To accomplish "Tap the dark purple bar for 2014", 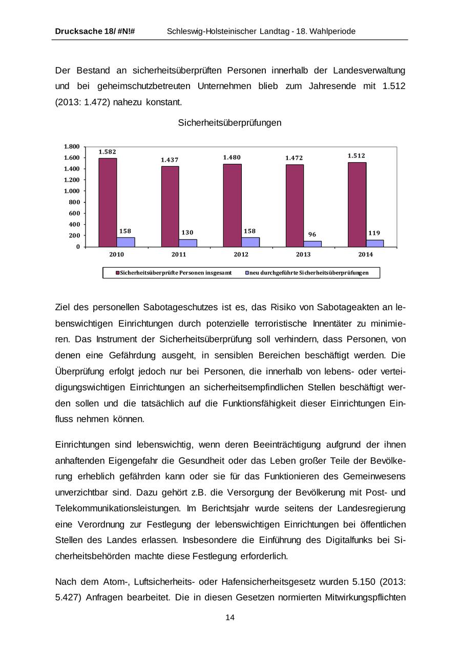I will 357,204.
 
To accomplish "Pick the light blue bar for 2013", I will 312,244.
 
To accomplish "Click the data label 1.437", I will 170,160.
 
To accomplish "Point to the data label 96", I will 312,235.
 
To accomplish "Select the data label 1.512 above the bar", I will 357,156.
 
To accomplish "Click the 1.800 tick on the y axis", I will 72,147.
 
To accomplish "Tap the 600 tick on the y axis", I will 75,213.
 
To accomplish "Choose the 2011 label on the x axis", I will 179,254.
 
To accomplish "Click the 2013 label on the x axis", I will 303,254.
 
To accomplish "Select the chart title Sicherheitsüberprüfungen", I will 229,123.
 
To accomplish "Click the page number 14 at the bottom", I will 230,617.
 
